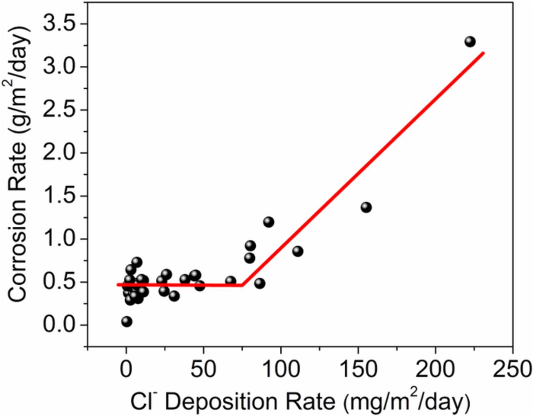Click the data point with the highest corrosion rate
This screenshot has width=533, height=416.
(470, 42)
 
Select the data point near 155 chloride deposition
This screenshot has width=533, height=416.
(366, 207)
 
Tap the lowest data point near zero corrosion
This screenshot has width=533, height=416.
(127, 321)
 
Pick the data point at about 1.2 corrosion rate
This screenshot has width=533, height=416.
(269, 222)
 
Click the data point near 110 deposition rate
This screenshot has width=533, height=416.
(297, 251)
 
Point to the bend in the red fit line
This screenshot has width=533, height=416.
(242, 285)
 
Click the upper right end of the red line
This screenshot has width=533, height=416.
(483, 53)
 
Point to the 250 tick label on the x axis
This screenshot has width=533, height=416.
(512, 368)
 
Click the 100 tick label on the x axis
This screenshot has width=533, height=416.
(281, 368)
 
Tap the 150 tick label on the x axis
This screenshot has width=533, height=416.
(358, 368)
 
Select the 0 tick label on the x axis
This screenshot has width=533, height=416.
(126, 368)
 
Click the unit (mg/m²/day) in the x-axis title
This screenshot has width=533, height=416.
(406, 402)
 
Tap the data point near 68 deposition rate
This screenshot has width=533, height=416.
(231, 281)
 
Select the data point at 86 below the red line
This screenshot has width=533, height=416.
(259, 283)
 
